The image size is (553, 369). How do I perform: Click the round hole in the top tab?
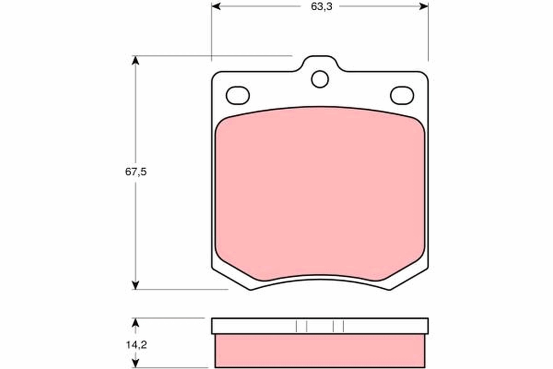coord(320,79)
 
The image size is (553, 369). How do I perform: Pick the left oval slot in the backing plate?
coord(238,95)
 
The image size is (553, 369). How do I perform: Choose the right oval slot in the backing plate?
coord(402,95)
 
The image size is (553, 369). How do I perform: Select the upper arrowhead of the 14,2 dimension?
coord(135,322)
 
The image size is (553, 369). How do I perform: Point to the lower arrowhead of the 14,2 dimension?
coord(135,363)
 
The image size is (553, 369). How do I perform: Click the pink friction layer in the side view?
coord(320,351)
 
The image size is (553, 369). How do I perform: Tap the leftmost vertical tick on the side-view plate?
coord(296,326)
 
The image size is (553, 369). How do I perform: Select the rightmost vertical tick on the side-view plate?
coord(343,326)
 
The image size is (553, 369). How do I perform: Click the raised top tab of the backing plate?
coord(320,64)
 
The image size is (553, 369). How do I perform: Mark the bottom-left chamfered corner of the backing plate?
coord(230,279)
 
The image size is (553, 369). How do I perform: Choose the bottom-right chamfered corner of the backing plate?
coord(409,279)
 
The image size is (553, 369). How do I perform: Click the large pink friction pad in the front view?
coord(320,194)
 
